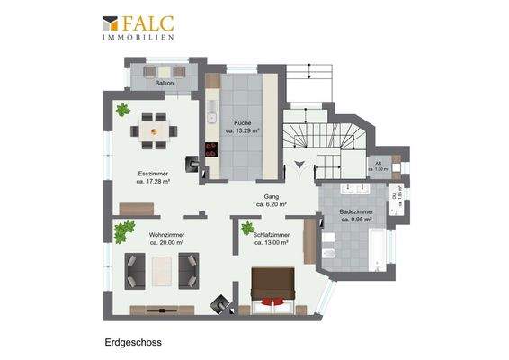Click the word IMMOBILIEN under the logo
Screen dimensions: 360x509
[x=138, y=38]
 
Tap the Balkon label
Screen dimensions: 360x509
[x=164, y=82]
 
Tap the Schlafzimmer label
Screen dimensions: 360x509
[x=272, y=238]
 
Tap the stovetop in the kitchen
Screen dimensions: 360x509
[x=213, y=150]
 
